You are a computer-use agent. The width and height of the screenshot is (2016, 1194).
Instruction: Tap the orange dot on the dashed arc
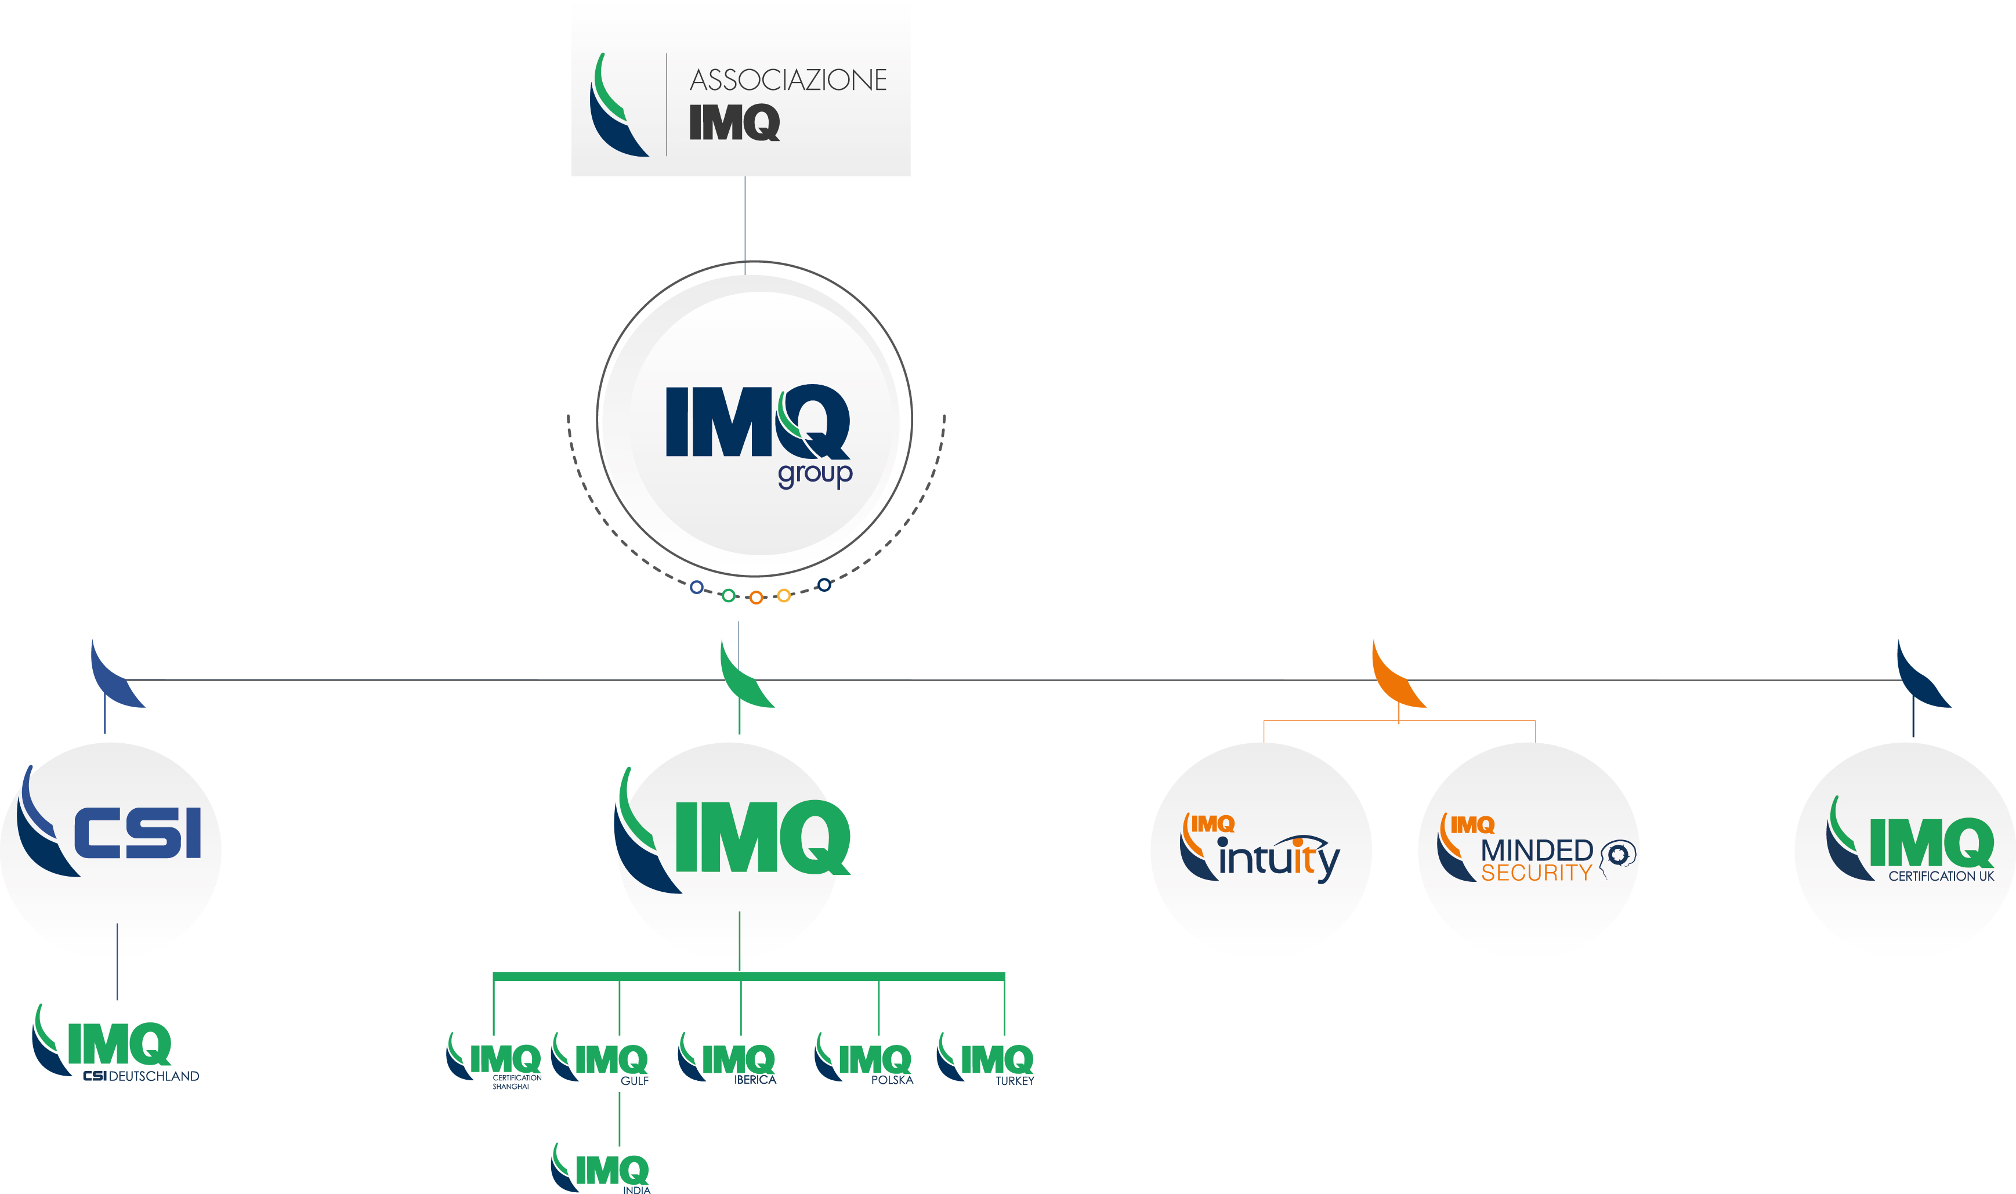[755, 598]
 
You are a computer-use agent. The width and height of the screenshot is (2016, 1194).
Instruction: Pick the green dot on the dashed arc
[728, 595]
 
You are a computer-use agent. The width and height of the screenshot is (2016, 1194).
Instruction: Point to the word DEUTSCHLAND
[154, 1077]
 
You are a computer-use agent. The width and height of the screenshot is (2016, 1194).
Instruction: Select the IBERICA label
[755, 1080]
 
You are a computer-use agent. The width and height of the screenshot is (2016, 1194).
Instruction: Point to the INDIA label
[636, 1190]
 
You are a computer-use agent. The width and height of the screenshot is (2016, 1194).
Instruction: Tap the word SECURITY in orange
[1536, 873]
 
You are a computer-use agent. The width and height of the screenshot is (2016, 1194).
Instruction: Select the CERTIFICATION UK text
[1941, 876]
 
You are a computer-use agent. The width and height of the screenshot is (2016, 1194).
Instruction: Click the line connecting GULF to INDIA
[620, 1119]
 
